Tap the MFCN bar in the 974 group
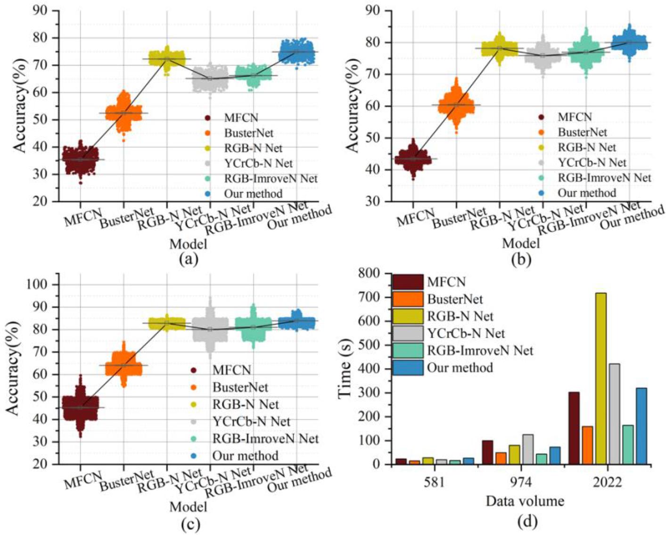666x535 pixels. pos(487,452)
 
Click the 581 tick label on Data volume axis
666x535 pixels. pos(434,482)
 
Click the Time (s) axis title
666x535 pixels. pos(345,369)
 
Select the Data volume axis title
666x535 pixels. pos(525,501)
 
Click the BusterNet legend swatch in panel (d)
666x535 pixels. pos(408,299)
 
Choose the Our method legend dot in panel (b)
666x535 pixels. pos(542,193)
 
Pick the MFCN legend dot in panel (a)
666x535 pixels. pos(208,117)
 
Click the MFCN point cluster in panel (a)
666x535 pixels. pos(80,159)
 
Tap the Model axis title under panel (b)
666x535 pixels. pos(520,243)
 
